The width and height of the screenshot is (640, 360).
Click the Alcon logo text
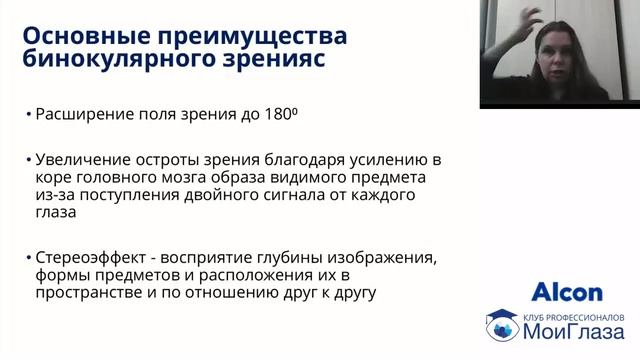567,292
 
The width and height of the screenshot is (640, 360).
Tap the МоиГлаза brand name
571,331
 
